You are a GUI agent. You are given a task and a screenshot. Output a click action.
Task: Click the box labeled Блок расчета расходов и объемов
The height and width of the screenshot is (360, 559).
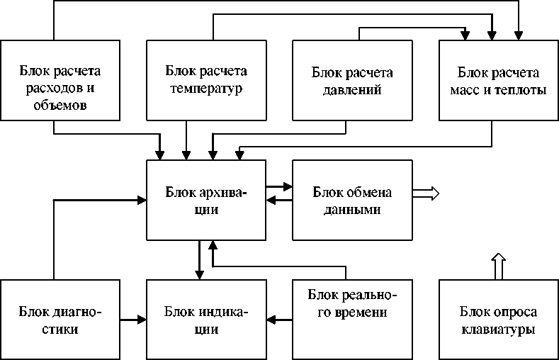coord(60,80)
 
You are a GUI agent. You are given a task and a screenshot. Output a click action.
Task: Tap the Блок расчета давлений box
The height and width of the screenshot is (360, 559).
coord(352,80)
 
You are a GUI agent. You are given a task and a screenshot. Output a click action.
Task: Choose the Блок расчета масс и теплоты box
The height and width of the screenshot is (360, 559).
coord(498,80)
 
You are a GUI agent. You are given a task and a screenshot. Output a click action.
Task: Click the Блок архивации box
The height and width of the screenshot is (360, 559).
coord(205,200)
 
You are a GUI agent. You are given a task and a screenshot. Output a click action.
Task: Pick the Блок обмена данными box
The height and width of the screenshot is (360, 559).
coord(352,200)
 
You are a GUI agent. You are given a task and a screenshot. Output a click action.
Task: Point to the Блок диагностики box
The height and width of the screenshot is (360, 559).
coord(60,320)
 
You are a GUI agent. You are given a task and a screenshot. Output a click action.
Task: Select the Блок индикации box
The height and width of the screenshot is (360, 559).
coord(205,320)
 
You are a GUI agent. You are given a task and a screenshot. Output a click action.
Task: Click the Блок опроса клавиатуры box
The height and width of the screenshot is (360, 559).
coord(498,320)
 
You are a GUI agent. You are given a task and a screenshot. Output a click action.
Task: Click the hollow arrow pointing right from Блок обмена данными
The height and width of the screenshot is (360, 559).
coord(427,192)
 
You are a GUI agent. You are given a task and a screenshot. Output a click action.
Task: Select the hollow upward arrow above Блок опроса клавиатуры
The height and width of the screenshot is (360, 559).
coord(498,266)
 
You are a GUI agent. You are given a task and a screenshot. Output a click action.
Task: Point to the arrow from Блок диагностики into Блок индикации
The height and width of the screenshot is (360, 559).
coord(132,320)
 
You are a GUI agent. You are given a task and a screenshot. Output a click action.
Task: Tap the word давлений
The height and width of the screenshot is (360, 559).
coord(352,90)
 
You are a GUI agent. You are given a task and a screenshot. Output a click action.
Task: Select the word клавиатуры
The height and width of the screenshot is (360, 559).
coord(498,330)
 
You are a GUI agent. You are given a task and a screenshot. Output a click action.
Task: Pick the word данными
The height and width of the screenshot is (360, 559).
coord(352,210)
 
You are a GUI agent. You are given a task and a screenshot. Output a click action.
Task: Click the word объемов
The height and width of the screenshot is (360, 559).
coord(60,106)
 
